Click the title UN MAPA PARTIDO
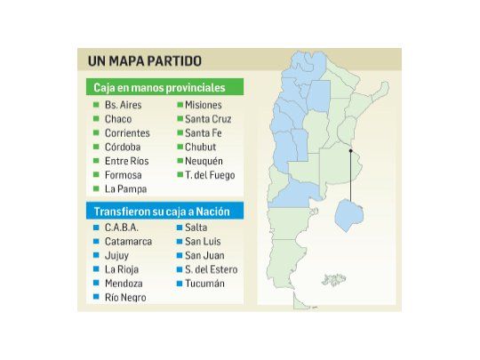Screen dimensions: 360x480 pos(144,61)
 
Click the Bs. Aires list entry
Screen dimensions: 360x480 pos(123,105)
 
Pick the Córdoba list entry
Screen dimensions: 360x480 pos(122,148)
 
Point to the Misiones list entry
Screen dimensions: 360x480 pos(203,105)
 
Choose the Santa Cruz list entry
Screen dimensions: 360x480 pos(209,119)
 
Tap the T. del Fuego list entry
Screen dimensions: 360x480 pos(210,175)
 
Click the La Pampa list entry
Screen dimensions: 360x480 pos(124,189)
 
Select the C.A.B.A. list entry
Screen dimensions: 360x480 pos(122,228)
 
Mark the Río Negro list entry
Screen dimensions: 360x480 pos(124,298)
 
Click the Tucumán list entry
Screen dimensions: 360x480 pos(204,284)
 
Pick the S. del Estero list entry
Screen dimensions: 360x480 pos(211,269)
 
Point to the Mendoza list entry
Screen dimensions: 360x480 pos(124,284)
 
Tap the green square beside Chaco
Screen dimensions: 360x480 pos(96,119)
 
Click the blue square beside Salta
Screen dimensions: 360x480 pos(179,228)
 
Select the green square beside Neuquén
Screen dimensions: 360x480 pos(179,162)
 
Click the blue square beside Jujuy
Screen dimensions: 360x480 pos(96,255)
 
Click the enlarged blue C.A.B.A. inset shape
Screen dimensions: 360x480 pos(348,215)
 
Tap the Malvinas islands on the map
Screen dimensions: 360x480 pos(333,280)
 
